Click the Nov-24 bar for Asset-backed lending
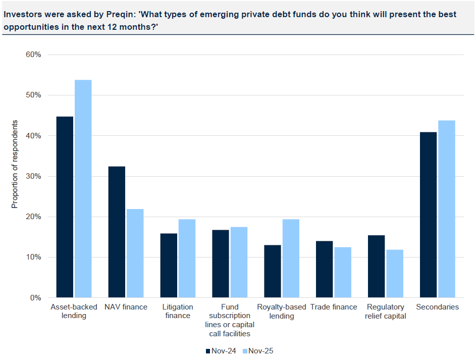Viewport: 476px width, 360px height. (65, 207)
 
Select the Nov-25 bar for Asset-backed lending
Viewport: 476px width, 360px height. (83, 189)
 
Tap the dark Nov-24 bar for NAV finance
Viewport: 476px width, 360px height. (117, 232)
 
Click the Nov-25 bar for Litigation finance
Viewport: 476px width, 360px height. (187, 258)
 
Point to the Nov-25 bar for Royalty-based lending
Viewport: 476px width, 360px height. (291, 258)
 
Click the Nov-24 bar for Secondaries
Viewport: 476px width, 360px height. (428, 215)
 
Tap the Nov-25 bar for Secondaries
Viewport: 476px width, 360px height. (447, 209)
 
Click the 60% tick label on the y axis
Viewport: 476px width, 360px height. (33, 55)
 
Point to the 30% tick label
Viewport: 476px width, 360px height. (33, 176)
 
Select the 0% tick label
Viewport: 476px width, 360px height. (35, 298)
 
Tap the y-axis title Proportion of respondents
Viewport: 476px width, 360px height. (15, 165)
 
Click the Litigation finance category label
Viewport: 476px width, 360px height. (177, 311)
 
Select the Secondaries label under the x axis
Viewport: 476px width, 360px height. (438, 307)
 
